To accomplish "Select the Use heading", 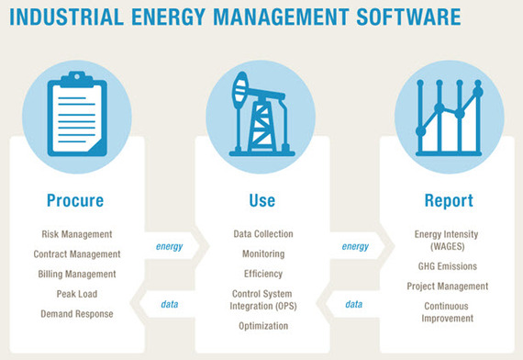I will pyautogui.click(x=261, y=200).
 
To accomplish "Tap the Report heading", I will pyautogui.click(x=448, y=200).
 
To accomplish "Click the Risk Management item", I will pyautogui.click(x=77, y=234).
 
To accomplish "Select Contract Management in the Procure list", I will pyautogui.click(x=77, y=254).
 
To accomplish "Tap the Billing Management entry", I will pyautogui.click(x=77, y=275).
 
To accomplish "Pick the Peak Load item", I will pyautogui.click(x=77, y=294).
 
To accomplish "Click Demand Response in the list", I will pyautogui.click(x=77, y=314).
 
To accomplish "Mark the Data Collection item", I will pyautogui.click(x=262, y=234).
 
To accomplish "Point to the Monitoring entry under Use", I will pyautogui.click(x=262, y=253).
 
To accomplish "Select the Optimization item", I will pyautogui.click(x=262, y=326).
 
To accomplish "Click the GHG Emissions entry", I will pyautogui.click(x=448, y=265).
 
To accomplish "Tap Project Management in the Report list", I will pyautogui.click(x=448, y=286).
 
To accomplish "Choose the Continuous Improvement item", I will pyautogui.click(x=448, y=312).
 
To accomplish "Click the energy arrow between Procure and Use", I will pyautogui.click(x=169, y=246).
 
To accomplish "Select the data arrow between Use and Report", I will pyautogui.click(x=354, y=304).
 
